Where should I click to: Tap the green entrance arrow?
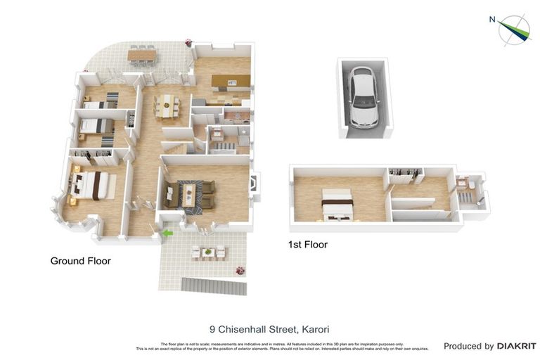(x=167, y=233)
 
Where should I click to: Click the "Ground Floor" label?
(x=80, y=261)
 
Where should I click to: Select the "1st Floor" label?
(x=308, y=245)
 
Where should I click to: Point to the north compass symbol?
(x=515, y=29)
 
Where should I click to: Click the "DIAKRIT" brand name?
(x=516, y=346)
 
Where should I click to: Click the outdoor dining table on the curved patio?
(x=142, y=54)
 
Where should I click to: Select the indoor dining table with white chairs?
(x=167, y=106)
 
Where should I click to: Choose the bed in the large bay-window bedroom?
(x=91, y=185)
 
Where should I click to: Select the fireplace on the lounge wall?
(x=254, y=184)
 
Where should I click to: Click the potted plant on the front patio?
(x=240, y=270)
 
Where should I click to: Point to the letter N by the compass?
(x=492, y=20)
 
